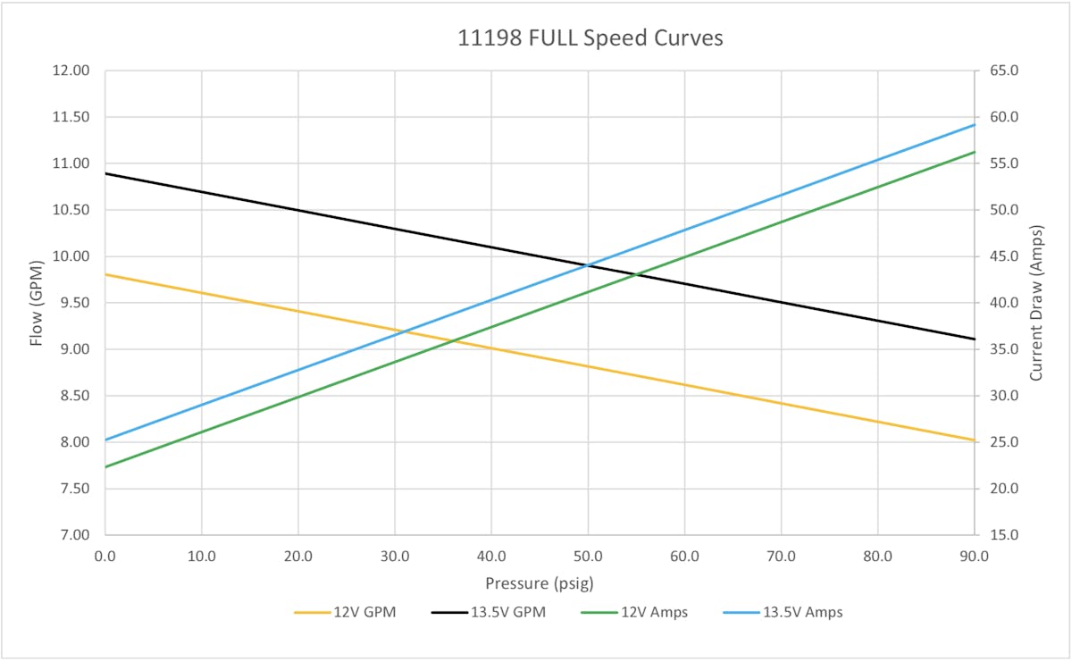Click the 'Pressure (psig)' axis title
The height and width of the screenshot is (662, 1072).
pos(539,583)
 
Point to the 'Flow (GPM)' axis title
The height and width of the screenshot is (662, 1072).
pos(37,302)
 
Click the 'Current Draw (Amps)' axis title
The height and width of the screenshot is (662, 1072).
pos(1037,302)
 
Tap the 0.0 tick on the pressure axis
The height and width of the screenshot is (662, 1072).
pos(105,556)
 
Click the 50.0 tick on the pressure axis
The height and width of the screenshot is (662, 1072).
pos(588,556)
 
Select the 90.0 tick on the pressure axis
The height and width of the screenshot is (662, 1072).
pos(974,556)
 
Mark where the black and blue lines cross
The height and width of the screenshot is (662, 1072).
pos(588,264)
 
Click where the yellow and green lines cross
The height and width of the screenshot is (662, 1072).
pos(454,339)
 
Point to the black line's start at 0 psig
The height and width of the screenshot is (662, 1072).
pos(106,173)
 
